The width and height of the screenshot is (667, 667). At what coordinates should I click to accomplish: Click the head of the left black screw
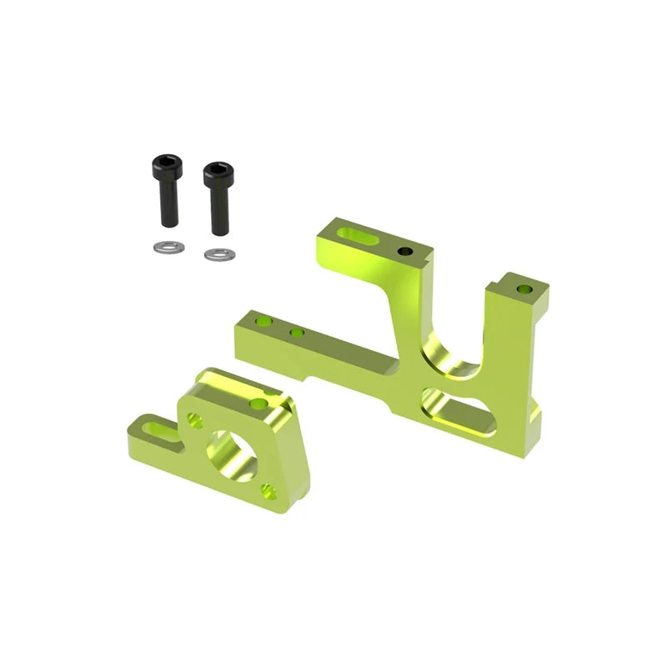pos(168,168)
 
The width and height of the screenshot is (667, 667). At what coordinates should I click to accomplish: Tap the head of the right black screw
pos(218,175)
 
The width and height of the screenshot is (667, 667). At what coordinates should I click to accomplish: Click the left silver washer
pos(169,247)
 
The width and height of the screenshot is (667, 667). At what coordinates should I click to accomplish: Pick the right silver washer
pos(219,253)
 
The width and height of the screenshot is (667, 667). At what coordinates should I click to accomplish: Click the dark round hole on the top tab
pos(405,251)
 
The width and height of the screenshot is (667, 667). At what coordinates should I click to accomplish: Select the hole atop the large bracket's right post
pos(524,289)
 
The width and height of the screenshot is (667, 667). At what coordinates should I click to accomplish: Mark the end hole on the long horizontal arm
pos(263,320)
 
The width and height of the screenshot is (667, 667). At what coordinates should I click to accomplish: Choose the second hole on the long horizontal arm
pos(296,333)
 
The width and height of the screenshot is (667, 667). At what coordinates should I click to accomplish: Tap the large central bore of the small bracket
pos(232,454)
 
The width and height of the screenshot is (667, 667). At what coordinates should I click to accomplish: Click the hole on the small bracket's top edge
pos(258,404)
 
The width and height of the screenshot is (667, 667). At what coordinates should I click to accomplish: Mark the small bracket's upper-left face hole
pos(195,420)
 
